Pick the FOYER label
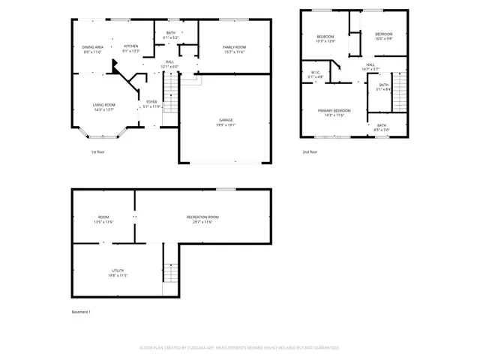tap(151, 103)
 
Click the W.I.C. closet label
tap(314, 74)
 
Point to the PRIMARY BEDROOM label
tap(334, 112)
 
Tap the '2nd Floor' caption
tap(310, 152)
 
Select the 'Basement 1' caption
tap(80, 311)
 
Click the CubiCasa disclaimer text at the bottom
tap(240, 348)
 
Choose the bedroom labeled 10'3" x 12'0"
tap(325, 38)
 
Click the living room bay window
tap(104, 135)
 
